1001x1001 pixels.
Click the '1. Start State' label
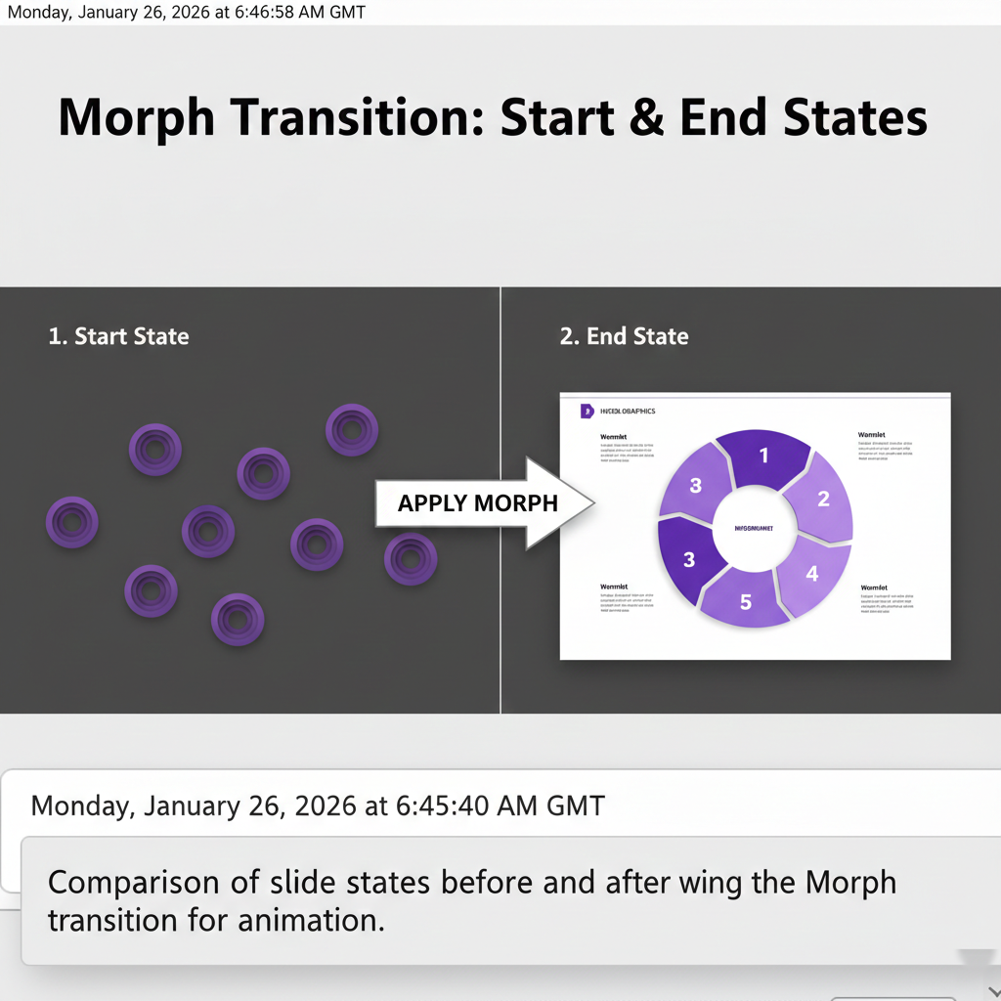[118, 336]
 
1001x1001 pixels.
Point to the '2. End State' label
[624, 336]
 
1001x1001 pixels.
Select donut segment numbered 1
[764, 456]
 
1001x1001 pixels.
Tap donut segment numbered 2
[822, 500]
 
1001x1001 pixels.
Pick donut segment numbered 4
[811, 574]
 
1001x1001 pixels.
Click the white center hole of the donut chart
[754, 528]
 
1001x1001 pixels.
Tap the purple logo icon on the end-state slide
[587, 412]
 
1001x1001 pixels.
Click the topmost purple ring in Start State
[352, 430]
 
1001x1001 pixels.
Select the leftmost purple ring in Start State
[72, 522]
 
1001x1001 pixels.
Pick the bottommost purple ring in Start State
[238, 618]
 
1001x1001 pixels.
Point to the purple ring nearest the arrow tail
[411, 558]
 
